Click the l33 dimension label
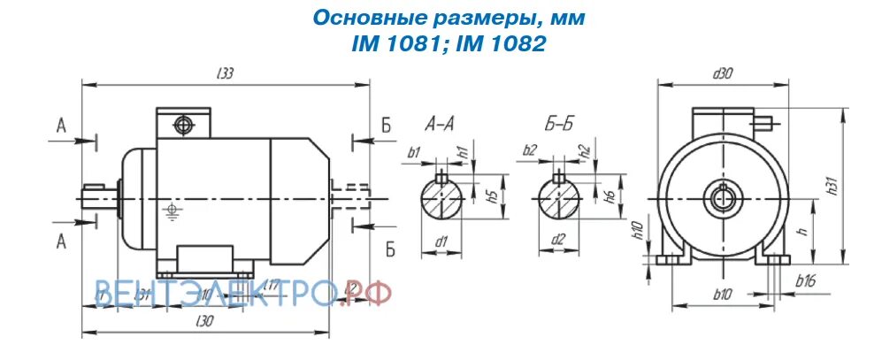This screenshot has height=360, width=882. coord(225,75)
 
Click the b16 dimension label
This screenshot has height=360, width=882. coord(805,281)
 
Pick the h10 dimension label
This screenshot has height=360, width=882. coord(636,233)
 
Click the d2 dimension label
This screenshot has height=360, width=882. coord(558,240)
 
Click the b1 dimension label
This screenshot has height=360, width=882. coord(413,152)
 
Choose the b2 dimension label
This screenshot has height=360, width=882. coord(529,150)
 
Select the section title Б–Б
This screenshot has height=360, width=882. coord(558,124)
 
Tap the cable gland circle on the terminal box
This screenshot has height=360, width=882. coord(184,125)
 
